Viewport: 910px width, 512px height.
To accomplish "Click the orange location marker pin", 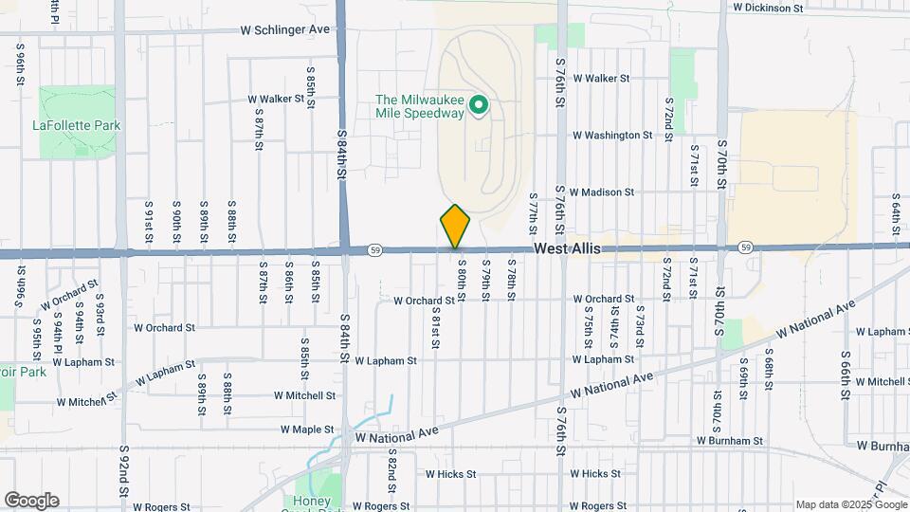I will coord(455,226).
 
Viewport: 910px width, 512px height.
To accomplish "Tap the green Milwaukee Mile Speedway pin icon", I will coord(480,105).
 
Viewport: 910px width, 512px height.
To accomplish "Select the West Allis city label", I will coord(567,248).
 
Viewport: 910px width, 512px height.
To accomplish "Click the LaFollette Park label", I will coord(77,125).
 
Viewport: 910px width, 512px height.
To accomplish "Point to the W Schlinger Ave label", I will coord(285,29).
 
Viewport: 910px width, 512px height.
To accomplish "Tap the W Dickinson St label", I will coord(768,8).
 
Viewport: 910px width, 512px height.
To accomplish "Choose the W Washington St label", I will coord(612,136).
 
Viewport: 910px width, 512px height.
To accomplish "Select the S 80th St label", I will coord(462,280).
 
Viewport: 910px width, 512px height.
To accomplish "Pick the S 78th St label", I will coord(511,280).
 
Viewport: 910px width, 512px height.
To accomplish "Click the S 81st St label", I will coord(436,327).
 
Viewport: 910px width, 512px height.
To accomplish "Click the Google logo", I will coord(31,501).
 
